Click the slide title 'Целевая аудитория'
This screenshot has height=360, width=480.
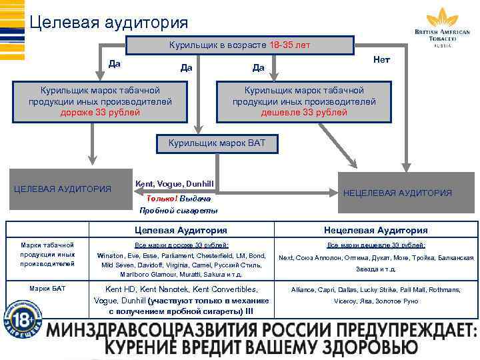pos(109,22)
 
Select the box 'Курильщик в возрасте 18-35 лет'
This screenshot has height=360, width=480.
pos(240,45)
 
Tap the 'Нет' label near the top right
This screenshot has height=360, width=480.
pos(382,60)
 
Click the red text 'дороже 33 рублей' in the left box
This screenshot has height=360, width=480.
pos(100,112)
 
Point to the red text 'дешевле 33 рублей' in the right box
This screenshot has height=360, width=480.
pos(304,112)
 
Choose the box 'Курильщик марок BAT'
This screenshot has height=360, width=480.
pos(217,143)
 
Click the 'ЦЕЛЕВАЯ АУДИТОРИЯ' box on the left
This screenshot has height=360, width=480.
pos(63,189)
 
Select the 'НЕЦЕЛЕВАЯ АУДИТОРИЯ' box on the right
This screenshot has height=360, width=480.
pos(397,193)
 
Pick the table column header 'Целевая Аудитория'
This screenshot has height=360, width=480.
pos(181,230)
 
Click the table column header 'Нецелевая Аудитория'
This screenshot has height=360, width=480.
pos(375,230)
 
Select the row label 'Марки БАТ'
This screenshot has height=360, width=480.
pos(47,288)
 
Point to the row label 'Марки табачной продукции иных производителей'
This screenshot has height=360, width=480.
pos(47,254)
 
